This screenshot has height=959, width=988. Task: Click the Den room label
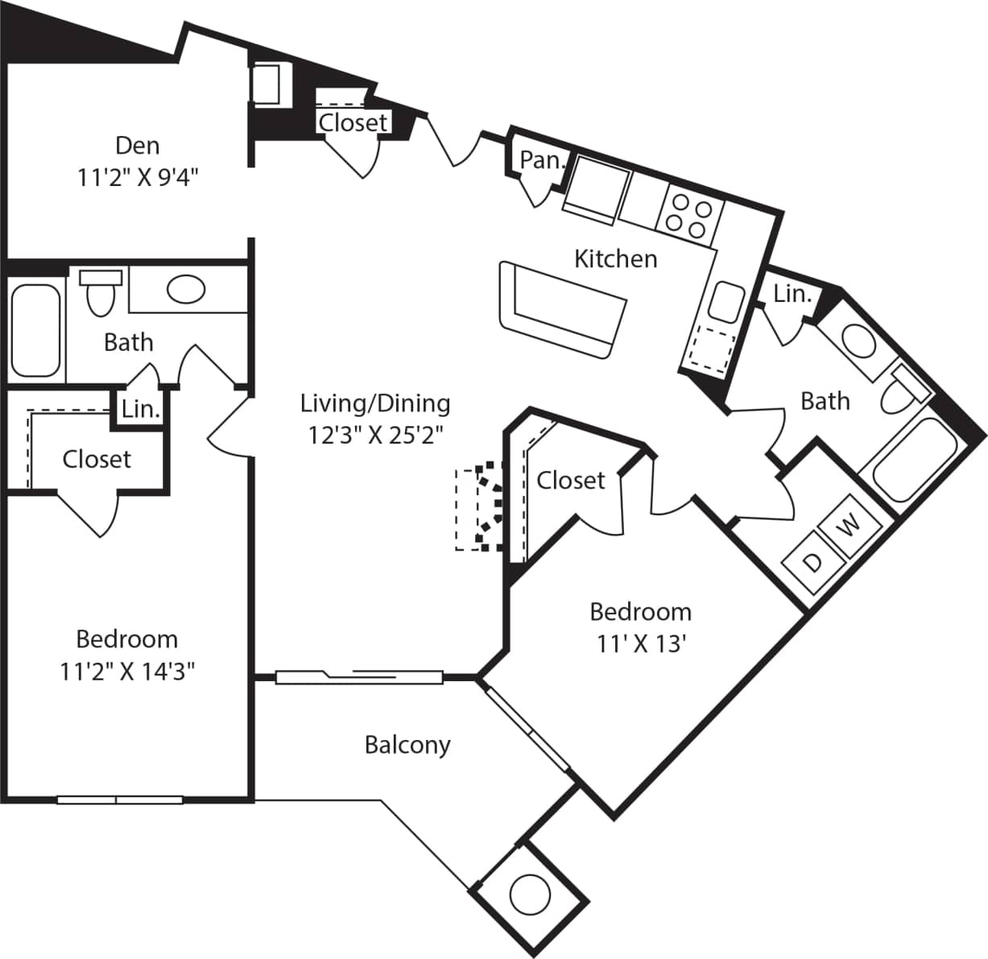pos(138,145)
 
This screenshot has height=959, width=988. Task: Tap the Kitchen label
pos(615,258)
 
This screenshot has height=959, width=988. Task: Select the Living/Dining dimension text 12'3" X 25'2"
pos(376,435)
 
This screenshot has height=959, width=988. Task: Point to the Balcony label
pos(407,744)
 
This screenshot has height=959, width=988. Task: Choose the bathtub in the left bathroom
pos(36,330)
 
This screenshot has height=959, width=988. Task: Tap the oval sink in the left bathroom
pos(186,289)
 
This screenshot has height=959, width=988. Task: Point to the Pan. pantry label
pos(540,160)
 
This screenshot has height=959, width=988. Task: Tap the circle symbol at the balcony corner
pos(530,893)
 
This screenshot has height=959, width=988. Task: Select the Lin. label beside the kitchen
pos(792,294)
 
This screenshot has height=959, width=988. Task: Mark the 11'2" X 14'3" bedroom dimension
pos(127,671)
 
